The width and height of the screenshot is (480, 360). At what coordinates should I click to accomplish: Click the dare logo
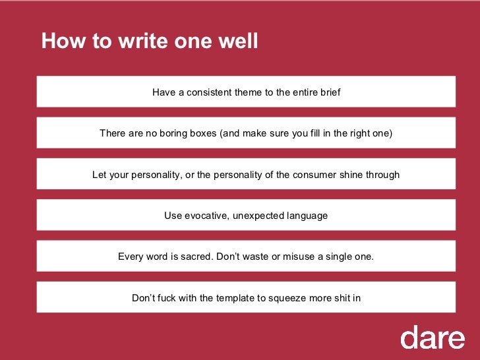pyautogui.click(x=432, y=338)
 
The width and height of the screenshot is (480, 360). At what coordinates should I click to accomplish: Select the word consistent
pyautogui.click(x=209, y=92)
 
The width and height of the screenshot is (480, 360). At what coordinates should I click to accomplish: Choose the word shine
pyautogui.click(x=360, y=175)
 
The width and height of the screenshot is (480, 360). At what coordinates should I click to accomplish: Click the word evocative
pyautogui.click(x=204, y=216)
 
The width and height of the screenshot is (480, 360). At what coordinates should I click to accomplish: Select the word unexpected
pyautogui.click(x=259, y=216)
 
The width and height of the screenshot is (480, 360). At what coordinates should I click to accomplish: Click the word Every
pyautogui.click(x=130, y=256)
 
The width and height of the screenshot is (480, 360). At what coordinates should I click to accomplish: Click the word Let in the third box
pyautogui.click(x=100, y=175)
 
